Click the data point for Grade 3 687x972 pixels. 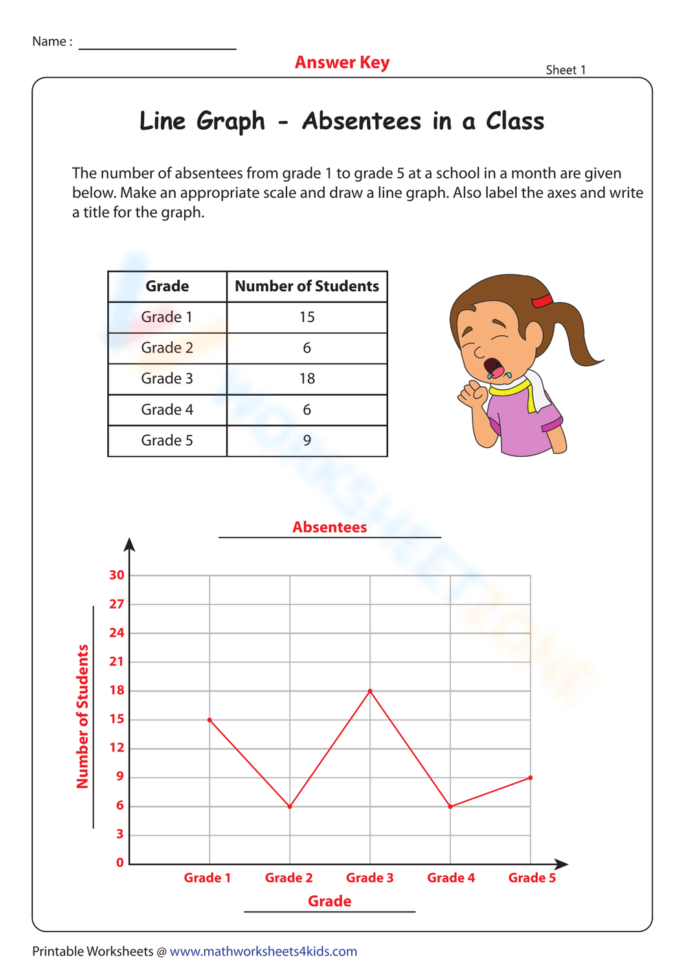pos(370,690)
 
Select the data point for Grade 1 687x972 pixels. pos(210,719)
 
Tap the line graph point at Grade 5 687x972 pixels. pos(530,777)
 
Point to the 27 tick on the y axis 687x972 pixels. pos(117,604)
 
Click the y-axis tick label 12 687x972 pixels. pos(117,747)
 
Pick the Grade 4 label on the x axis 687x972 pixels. pos(451,877)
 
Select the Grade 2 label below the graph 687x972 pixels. pos(289,877)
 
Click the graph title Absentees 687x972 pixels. pos(330,527)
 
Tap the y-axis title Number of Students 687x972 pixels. pos(82,716)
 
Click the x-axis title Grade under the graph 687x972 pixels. pos(330,901)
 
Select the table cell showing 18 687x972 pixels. pos(307,378)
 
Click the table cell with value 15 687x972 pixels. pos(307,317)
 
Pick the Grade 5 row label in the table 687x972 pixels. pos(167,440)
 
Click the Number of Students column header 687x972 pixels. pos(307,286)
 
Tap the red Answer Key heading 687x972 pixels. pos(342,63)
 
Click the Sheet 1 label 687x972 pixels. pos(565,69)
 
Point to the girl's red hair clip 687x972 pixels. pos(542,301)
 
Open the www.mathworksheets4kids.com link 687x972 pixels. pos(263,951)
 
